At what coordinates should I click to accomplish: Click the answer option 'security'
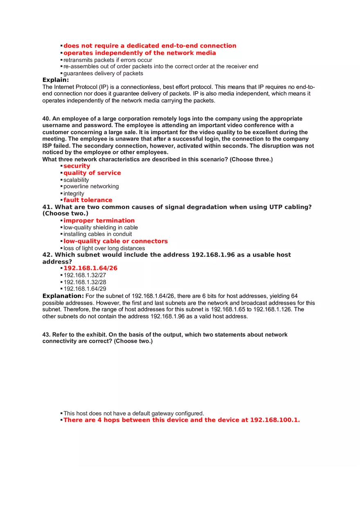click(76, 166)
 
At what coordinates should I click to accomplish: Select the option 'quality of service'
click(92, 173)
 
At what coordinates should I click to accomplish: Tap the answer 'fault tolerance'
click(88, 200)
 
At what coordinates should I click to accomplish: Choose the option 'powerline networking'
click(91, 186)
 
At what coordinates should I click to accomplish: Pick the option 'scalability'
click(76, 180)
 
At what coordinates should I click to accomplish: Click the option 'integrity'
click(74, 193)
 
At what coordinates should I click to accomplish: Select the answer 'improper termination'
click(99, 220)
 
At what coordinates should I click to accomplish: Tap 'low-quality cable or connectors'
click(115, 241)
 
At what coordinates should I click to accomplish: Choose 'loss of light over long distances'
click(104, 248)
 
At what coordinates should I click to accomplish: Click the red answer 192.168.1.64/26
click(90, 268)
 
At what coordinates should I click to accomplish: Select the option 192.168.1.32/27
click(85, 275)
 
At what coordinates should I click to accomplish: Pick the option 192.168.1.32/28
click(85, 282)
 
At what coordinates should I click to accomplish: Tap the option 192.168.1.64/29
click(85, 289)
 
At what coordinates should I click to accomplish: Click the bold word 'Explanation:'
click(63, 296)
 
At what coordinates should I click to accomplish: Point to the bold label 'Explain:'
click(56, 80)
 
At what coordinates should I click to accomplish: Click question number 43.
click(46, 335)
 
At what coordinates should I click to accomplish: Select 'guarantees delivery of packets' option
click(103, 74)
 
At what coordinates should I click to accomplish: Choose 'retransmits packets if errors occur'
click(108, 60)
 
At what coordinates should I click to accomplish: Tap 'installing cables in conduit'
click(97, 234)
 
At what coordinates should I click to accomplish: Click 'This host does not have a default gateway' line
click(133, 413)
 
